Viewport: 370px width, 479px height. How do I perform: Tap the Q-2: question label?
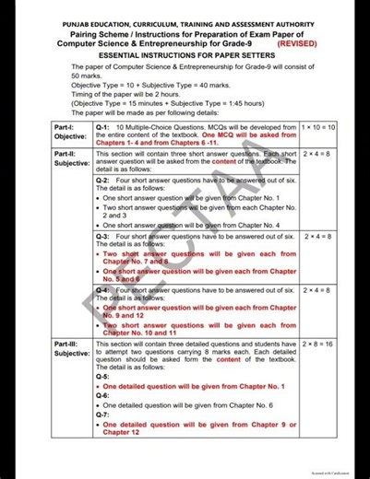click(x=103, y=181)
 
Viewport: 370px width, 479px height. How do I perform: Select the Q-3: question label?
click(x=103, y=236)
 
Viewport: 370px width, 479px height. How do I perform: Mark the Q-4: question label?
click(x=103, y=290)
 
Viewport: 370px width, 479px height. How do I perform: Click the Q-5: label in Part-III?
click(x=103, y=377)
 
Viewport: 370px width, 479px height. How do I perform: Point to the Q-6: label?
click(x=103, y=395)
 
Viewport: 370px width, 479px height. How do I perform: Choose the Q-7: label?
click(x=103, y=414)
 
